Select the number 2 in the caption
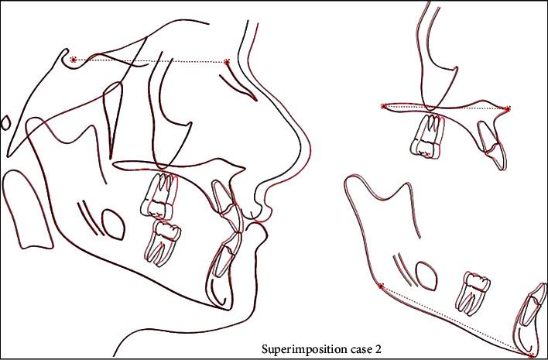[x=378, y=349]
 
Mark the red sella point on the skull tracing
[x=73, y=60]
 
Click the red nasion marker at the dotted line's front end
[x=227, y=62]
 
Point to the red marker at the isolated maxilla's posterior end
[x=383, y=106]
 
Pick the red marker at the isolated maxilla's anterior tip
[x=508, y=108]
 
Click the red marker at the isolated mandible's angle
[x=381, y=286]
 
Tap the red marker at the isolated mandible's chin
[x=531, y=355]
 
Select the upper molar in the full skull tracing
[x=159, y=196]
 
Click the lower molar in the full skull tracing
[x=163, y=243]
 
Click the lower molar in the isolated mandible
[x=471, y=292]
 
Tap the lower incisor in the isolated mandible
[x=529, y=317]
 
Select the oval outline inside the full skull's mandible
[x=113, y=225]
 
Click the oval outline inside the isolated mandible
[x=426, y=276]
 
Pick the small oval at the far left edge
[x=5, y=123]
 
